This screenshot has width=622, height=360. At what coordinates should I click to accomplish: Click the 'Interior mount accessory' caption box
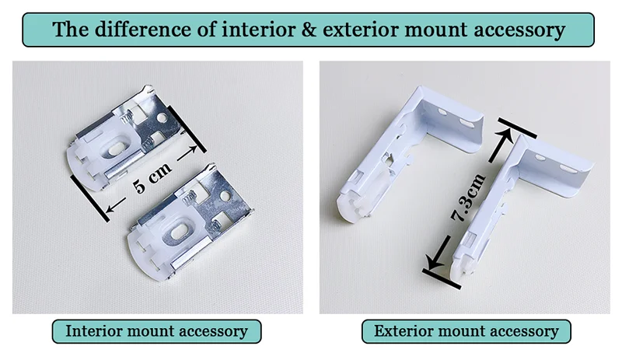pyautogui.click(x=156, y=331)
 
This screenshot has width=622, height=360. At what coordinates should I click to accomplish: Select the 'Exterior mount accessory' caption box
pyautogui.click(x=466, y=331)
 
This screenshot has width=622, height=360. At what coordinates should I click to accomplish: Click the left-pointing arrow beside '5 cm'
pyautogui.click(x=112, y=205)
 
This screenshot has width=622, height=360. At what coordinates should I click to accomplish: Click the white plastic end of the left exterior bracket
pyautogui.click(x=355, y=204)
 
